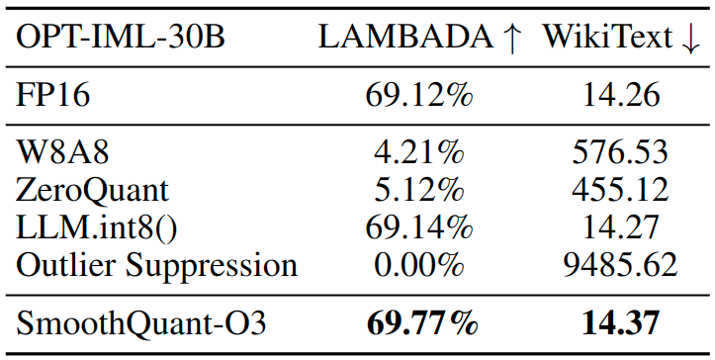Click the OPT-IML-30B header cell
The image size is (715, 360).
pos(121,39)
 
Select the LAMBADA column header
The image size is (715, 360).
pos(403,39)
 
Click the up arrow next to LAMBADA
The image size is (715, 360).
pos(510,39)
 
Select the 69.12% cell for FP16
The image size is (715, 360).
pos(418,97)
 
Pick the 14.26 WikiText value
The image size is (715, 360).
pos(620,97)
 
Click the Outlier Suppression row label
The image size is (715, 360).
pos(157,265)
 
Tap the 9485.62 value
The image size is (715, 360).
pos(620,265)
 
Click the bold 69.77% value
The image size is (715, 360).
pos(422,322)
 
